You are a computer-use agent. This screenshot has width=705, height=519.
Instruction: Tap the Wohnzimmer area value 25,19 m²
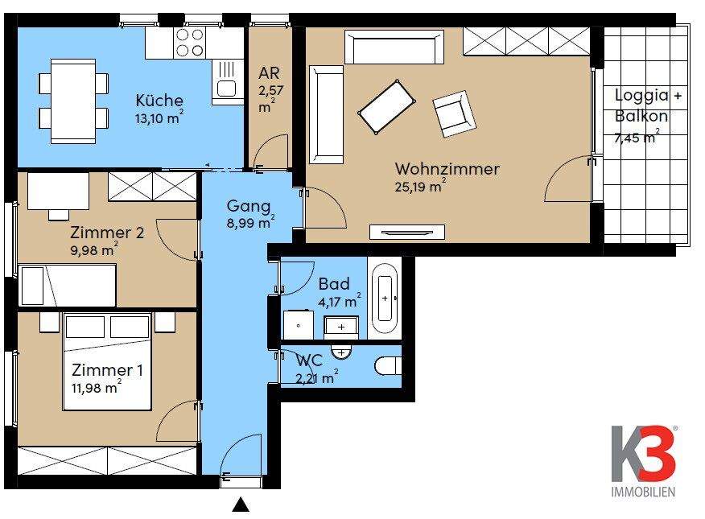click(420, 187)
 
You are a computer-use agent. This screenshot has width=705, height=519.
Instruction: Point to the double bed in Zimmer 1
click(107, 360)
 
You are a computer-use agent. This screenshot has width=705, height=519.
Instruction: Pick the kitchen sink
click(226, 88)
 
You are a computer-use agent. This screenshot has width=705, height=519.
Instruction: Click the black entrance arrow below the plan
click(240, 505)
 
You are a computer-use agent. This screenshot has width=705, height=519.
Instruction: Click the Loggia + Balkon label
click(648, 105)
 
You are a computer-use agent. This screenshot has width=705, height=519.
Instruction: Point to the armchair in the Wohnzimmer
click(454, 113)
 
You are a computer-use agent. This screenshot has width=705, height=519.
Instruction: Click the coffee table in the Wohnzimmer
click(386, 106)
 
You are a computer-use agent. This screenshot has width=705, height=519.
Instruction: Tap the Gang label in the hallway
click(248, 206)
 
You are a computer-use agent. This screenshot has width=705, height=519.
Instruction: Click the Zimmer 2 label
click(107, 233)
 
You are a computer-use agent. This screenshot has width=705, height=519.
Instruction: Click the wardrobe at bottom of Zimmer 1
click(107, 460)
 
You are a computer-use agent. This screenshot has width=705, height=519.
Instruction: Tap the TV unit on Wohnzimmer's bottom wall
click(406, 232)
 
